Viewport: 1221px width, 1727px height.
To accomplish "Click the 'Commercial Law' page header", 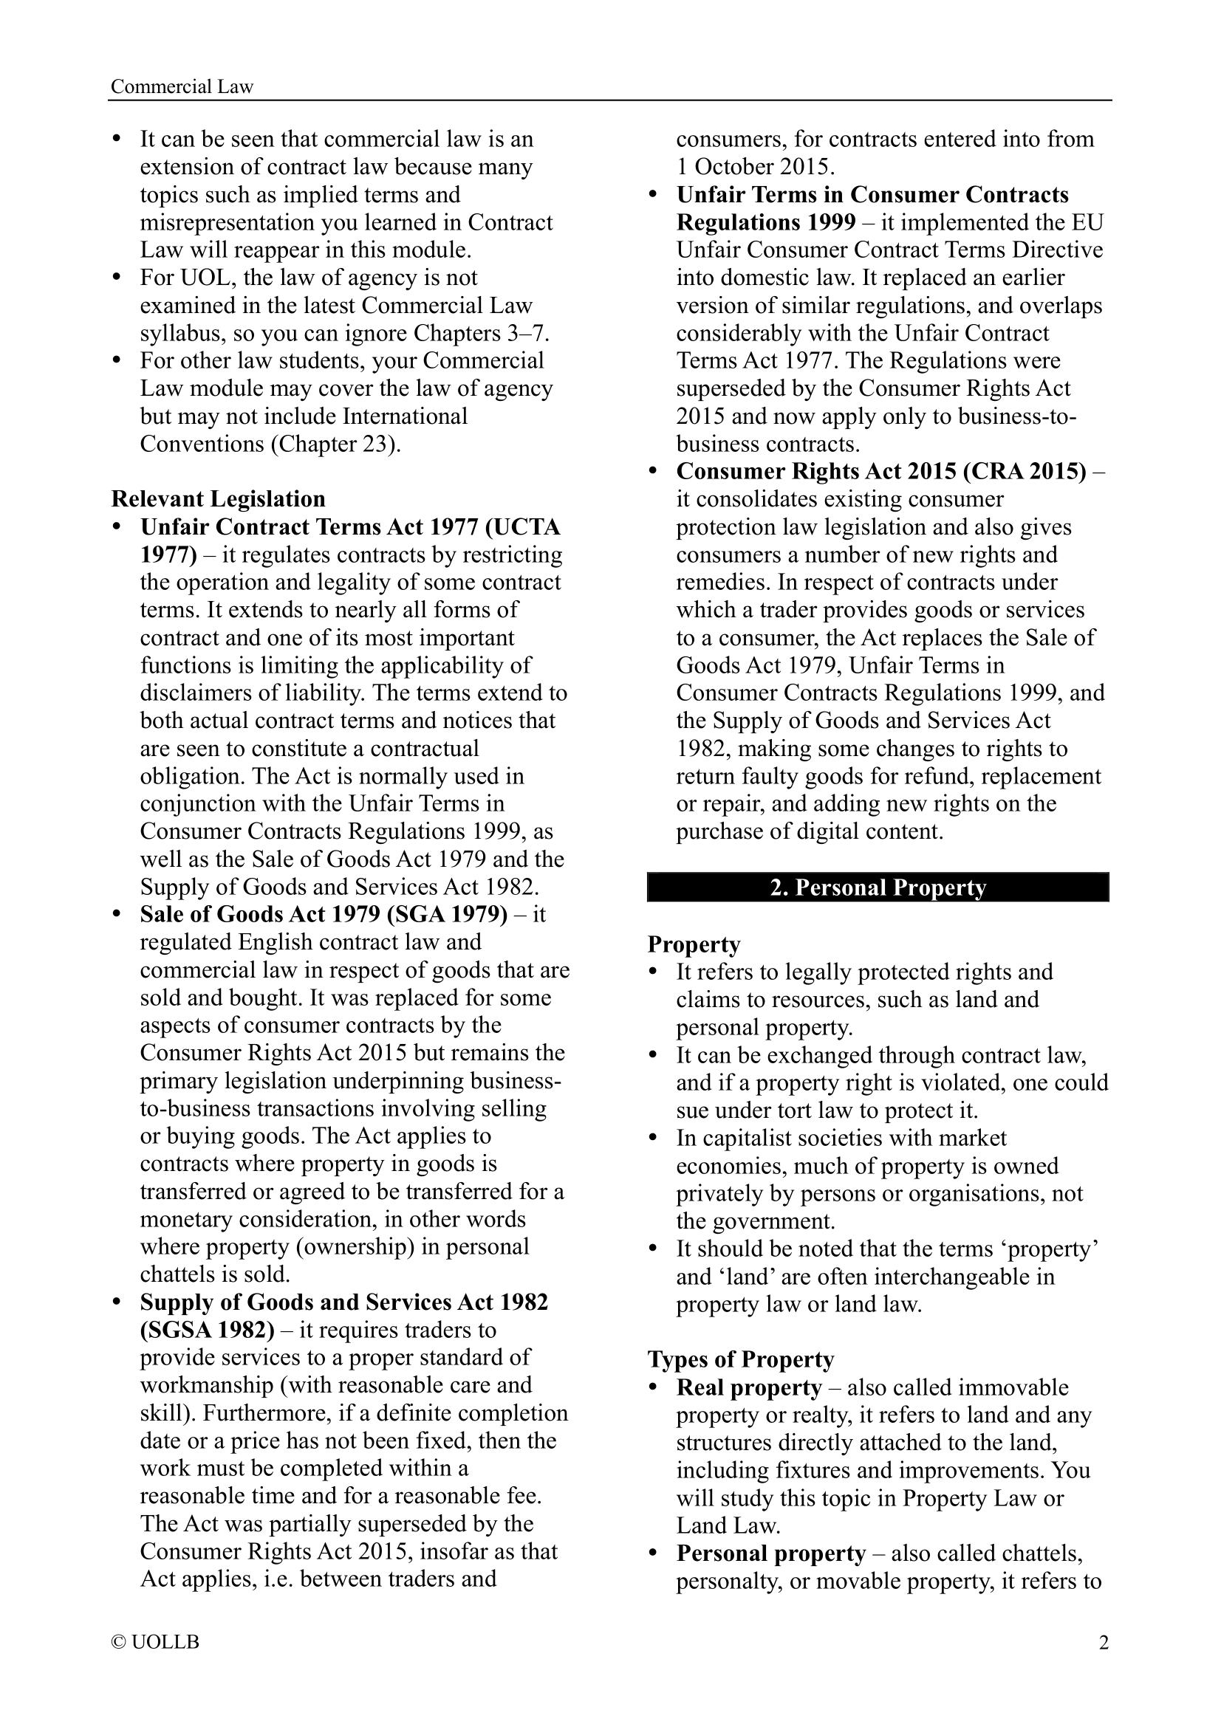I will (182, 86).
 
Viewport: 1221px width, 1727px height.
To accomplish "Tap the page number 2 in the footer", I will (1104, 1642).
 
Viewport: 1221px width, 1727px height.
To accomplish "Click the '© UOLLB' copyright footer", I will (155, 1642).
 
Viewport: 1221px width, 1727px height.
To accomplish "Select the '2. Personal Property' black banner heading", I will (878, 887).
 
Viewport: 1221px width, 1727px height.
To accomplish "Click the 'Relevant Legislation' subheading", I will (218, 498).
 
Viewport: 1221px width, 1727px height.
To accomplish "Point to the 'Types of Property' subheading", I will (741, 1359).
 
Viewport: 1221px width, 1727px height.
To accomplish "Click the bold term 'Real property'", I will (748, 1387).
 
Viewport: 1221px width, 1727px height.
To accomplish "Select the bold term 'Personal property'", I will (771, 1553).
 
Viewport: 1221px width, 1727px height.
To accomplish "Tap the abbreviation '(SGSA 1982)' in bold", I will (208, 1330).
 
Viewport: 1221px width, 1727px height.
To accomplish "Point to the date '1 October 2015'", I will (755, 166).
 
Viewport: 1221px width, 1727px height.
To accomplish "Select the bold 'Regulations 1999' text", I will (766, 222).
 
